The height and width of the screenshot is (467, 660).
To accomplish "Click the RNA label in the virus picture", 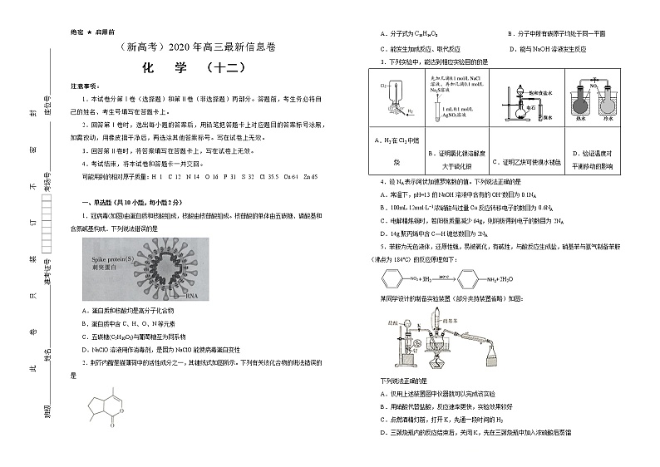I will point(193,295).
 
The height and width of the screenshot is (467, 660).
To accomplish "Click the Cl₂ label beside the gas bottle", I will point(383,86).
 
